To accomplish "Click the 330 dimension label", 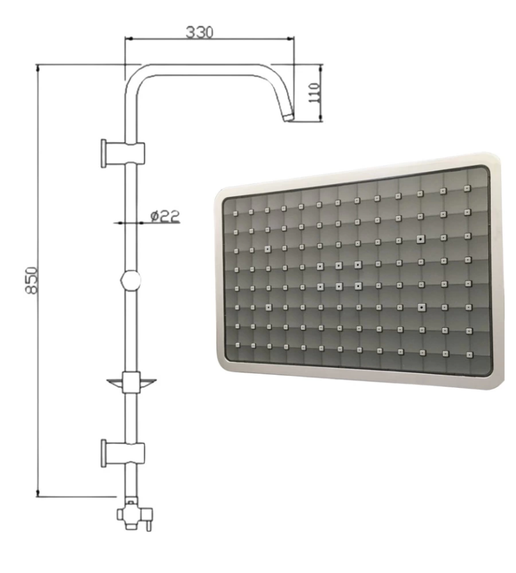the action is [199, 32].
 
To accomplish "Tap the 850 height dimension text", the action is [32, 281].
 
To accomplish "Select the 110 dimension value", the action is [314, 93].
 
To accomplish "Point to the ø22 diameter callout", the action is [165, 216].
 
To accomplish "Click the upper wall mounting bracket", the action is [122, 153].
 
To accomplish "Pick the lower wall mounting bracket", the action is [122, 453].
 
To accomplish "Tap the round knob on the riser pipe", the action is [131, 281].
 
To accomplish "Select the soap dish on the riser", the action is [131, 382].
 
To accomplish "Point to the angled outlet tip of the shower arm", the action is [289, 117].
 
